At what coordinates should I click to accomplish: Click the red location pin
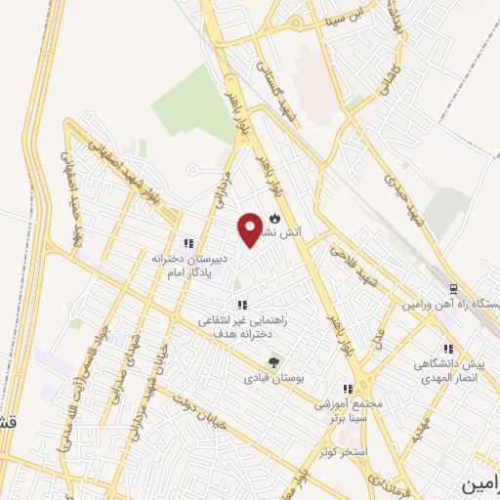pyautogui.click(x=251, y=229)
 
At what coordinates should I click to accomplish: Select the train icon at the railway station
pyautogui.click(x=452, y=289)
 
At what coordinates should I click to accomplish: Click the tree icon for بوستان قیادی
pyautogui.click(x=273, y=362)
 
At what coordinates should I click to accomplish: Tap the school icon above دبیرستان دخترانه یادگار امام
pyautogui.click(x=187, y=243)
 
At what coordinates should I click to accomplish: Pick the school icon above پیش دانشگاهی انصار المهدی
pyautogui.click(x=447, y=349)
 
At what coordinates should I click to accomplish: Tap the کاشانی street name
pyautogui.click(x=388, y=75)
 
